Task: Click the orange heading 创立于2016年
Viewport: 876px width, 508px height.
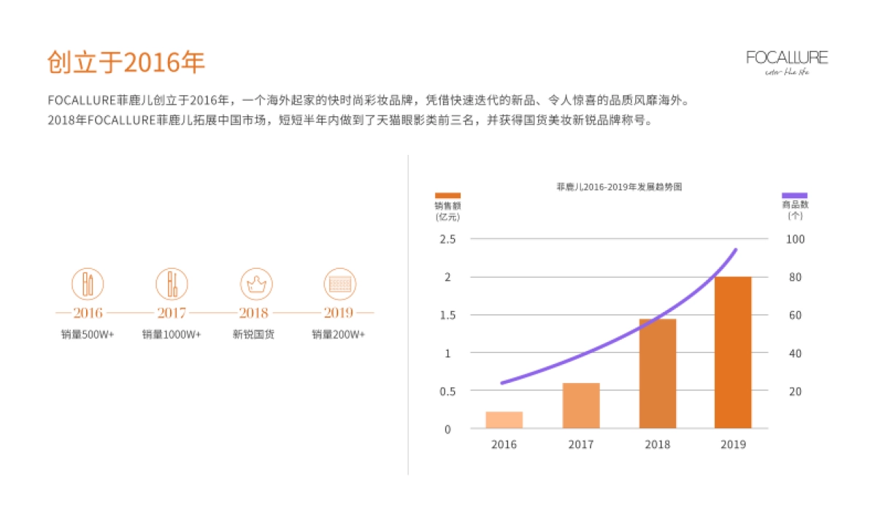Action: coord(126,63)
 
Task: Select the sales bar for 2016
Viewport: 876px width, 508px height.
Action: coord(504,420)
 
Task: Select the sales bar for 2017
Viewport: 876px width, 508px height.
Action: coord(581,406)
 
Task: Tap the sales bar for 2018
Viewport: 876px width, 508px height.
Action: coord(658,374)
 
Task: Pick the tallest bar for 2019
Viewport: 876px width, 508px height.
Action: coord(733,352)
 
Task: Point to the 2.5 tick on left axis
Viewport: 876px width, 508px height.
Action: coord(447,239)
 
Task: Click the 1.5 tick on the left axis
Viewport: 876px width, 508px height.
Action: coord(447,315)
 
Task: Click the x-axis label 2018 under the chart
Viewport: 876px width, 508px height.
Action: coord(658,444)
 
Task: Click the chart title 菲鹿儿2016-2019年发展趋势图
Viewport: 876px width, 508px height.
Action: coord(619,187)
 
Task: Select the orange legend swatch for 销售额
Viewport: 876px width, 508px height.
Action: coord(447,195)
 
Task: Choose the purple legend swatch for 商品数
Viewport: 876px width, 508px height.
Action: coord(794,195)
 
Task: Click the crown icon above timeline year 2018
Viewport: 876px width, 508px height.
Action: coord(256,282)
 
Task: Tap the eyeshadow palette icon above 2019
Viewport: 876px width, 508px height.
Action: coord(339,282)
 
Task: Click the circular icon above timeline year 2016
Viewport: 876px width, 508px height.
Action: coord(88,282)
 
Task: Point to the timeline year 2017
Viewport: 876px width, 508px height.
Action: coord(172,313)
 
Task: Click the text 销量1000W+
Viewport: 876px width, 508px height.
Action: coord(172,335)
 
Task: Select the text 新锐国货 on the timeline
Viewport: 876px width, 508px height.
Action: coord(253,335)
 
